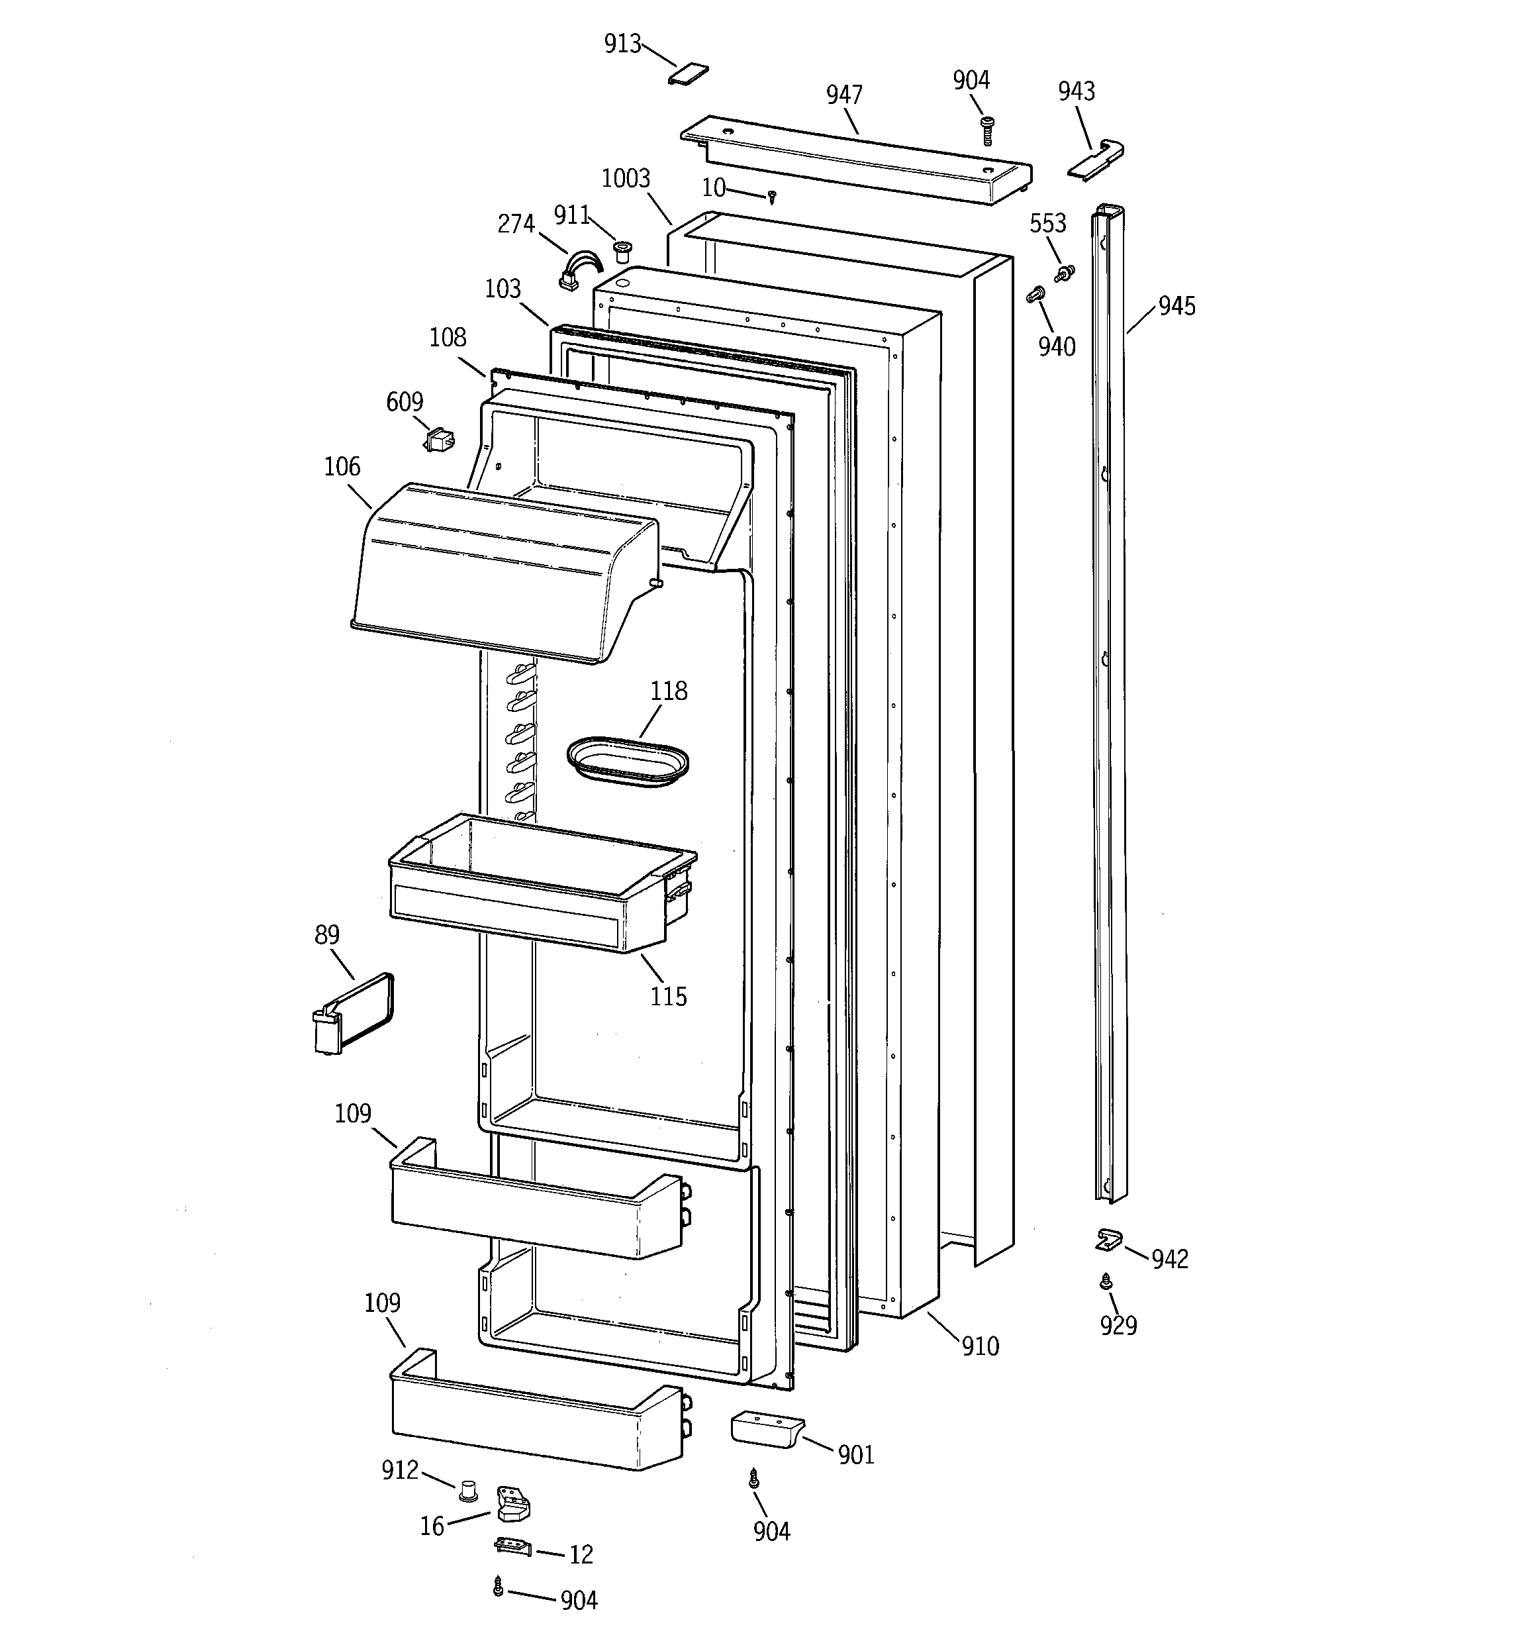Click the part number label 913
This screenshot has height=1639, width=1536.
click(622, 44)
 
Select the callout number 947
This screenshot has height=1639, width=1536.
click(843, 95)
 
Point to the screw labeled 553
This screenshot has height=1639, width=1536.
click(1065, 272)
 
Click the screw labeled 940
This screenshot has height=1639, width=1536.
click(1035, 294)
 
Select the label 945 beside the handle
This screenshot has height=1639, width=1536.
click(1176, 307)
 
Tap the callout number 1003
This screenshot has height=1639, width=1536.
click(626, 179)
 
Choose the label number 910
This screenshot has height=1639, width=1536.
click(979, 1346)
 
